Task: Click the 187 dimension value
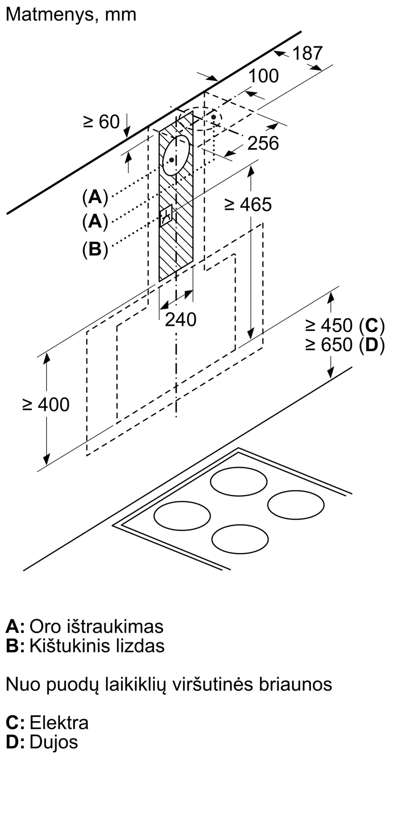point(308,53)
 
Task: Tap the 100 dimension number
point(264,76)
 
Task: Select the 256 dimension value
point(263,143)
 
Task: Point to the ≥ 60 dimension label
point(101,122)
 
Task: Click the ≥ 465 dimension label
point(248,204)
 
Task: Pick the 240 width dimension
point(181,319)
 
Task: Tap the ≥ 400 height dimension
point(46,405)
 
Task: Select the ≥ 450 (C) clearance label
point(345,326)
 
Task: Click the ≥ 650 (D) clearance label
point(345,345)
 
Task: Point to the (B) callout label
point(95,249)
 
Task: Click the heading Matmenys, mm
point(71,15)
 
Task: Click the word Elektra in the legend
point(59,723)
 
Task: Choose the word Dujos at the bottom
point(54,742)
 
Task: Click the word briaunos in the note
point(295,684)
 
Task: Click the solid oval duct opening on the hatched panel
point(176,155)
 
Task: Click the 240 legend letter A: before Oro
point(15,627)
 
